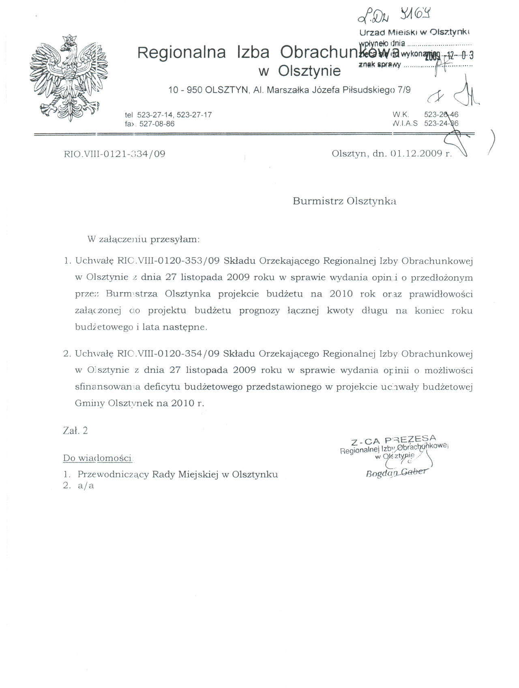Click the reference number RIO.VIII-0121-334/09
(115, 154)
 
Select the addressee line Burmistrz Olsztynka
(344, 201)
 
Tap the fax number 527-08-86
(157, 124)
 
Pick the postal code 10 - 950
(185, 90)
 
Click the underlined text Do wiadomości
(97, 458)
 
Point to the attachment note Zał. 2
(75, 431)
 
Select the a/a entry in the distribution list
(86, 486)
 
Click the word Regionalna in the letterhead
(181, 53)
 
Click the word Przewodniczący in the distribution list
(113, 475)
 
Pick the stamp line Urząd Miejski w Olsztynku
(414, 32)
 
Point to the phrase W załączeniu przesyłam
(144, 239)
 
